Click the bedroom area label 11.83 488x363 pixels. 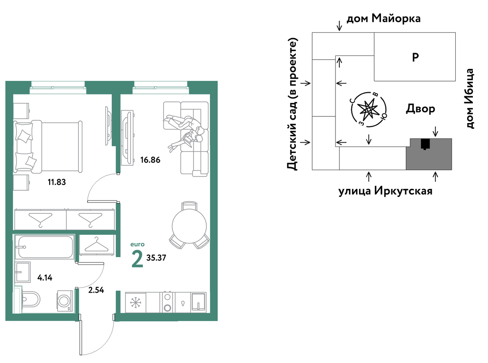click(x=57, y=182)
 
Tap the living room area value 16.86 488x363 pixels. click(x=150, y=160)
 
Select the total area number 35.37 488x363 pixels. click(x=156, y=258)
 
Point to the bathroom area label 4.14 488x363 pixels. click(x=45, y=278)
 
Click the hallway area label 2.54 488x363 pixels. click(x=96, y=290)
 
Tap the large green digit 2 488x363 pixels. click(x=137, y=260)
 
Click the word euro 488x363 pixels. click(x=137, y=245)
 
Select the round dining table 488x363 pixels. click(x=189, y=226)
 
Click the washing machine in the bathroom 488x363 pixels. click(x=65, y=301)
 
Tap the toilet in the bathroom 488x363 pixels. click(x=31, y=299)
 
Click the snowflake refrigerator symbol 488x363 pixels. click(x=135, y=303)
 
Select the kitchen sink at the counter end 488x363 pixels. click(x=198, y=302)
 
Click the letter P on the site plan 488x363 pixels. click(x=415, y=58)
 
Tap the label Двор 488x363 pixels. click(x=420, y=109)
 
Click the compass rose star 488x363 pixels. click(x=368, y=109)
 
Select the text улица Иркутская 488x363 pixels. click(x=385, y=191)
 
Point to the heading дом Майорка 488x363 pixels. click(x=384, y=19)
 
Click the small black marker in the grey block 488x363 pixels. click(x=425, y=144)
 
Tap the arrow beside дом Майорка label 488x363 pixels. click(x=339, y=26)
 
